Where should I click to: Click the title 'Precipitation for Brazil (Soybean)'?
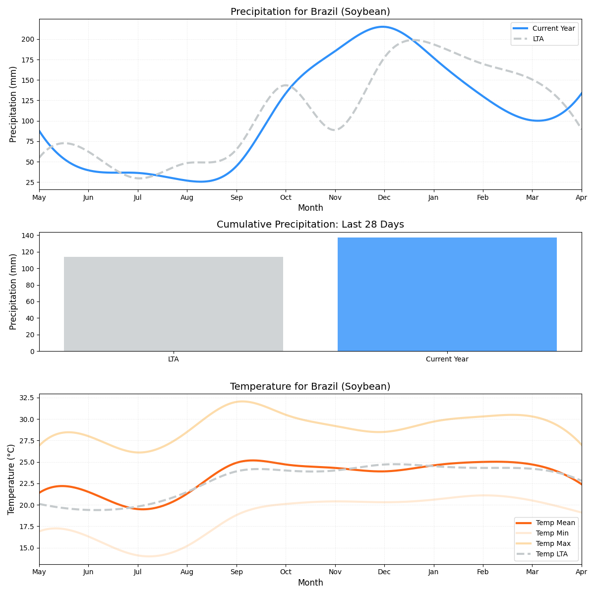pyautogui.click(x=310, y=12)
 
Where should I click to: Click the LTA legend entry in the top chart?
pyautogui.click(x=538, y=39)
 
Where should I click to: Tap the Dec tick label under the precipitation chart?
pyautogui.click(x=384, y=198)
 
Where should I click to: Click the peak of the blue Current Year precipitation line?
pyautogui.click(x=382, y=27)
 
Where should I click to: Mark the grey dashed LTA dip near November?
pyautogui.click(x=335, y=130)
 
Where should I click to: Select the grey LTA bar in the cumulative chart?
pyautogui.click(x=173, y=303)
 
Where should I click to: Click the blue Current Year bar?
pyautogui.click(x=447, y=294)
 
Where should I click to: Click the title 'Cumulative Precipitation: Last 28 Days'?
pyautogui.click(x=310, y=225)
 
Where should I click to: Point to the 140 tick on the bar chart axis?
pyautogui.click(x=28, y=236)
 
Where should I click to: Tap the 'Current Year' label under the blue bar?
pyautogui.click(x=447, y=359)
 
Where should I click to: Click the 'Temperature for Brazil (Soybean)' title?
pyautogui.click(x=310, y=387)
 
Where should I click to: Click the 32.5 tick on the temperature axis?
pyautogui.click(x=26, y=398)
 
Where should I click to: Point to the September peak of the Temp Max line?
pyautogui.click(x=241, y=402)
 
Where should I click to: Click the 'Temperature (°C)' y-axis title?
pyautogui.click(x=11, y=479)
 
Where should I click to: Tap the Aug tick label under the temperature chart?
pyautogui.click(x=187, y=573)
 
